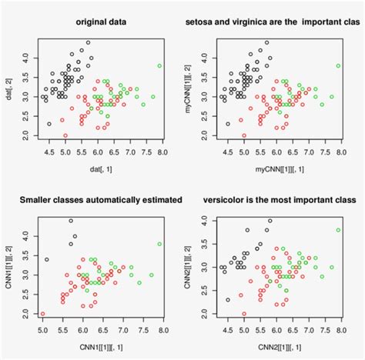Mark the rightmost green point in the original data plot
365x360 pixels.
(x=159, y=66)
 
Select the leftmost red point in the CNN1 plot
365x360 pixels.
(x=42, y=314)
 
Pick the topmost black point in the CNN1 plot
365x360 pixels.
(x=71, y=222)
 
